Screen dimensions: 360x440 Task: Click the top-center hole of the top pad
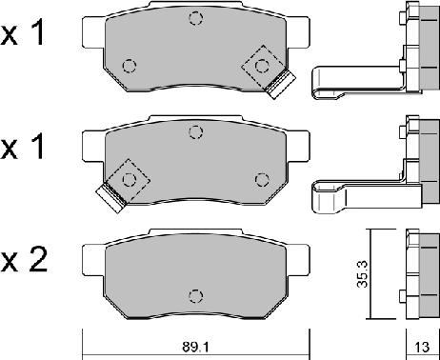(x=195, y=18)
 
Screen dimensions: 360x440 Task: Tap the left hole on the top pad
(x=130, y=66)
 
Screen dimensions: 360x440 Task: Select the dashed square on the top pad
(x=259, y=65)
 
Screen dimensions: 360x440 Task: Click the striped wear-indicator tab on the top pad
(x=280, y=87)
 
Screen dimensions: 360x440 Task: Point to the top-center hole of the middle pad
(x=195, y=131)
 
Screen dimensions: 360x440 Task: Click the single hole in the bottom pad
(x=195, y=293)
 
